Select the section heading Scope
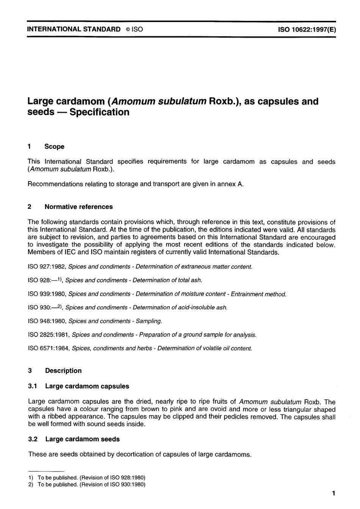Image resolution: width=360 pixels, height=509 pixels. [x=54, y=147]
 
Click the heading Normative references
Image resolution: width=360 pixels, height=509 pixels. [x=78, y=207]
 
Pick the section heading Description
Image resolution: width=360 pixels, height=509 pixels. [x=63, y=371]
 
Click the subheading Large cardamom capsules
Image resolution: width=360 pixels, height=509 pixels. [x=87, y=386]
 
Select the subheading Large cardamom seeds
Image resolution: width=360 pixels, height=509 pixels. [x=82, y=439]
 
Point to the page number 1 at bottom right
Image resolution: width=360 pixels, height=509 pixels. [x=333, y=493]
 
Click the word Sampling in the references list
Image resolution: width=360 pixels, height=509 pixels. [x=149, y=321]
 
